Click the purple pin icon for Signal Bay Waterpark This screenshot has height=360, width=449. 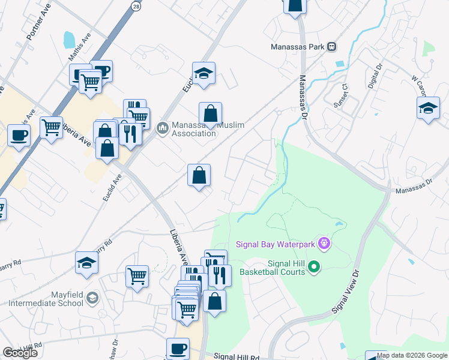(x=325, y=243)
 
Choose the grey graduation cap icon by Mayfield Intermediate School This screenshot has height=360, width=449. (x=92, y=298)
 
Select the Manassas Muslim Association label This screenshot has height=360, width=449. (x=208, y=129)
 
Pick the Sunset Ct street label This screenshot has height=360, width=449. (x=342, y=95)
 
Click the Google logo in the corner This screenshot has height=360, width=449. (x=20, y=353)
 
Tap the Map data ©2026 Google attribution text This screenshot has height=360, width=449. (x=412, y=355)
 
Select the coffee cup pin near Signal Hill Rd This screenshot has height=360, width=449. (x=177, y=349)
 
